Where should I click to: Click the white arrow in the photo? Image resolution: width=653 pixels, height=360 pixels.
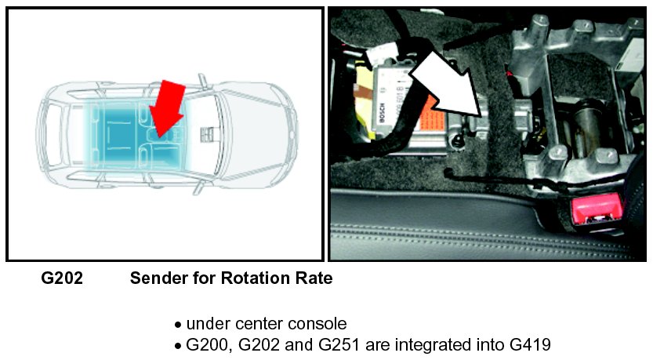click(443, 82)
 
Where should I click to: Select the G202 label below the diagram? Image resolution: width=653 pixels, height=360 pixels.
click(62, 278)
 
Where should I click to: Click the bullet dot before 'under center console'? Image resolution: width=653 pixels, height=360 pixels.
click(178, 324)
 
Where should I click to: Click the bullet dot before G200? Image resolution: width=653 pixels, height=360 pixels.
click(178, 344)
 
